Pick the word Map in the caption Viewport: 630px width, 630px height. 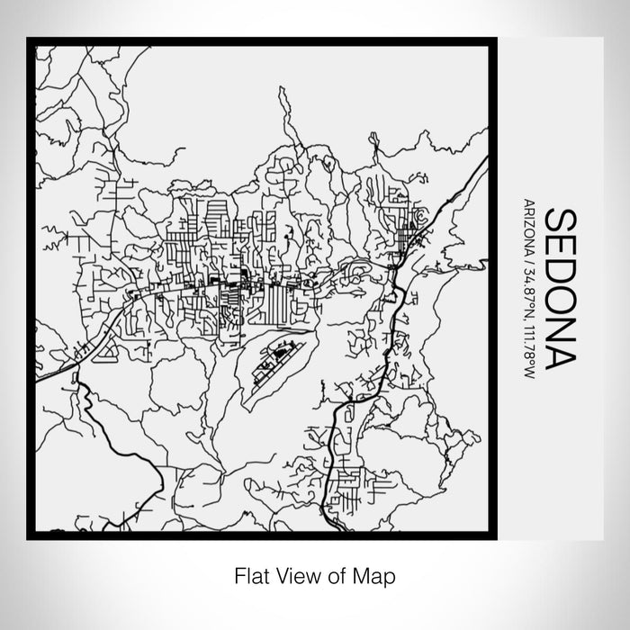(365, 573)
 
